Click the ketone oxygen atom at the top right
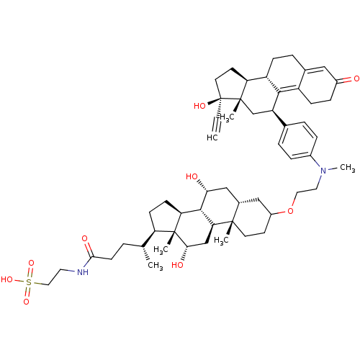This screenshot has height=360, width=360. pos(356,78)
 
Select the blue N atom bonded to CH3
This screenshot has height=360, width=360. pos(323,171)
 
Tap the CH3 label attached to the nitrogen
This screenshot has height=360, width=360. pos(348,168)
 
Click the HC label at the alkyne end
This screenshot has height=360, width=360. pos(212,138)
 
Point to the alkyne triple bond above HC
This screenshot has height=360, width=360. pos(217,125)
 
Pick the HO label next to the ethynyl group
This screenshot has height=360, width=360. pos(199,106)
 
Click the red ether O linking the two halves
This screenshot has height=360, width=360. pos(290,211)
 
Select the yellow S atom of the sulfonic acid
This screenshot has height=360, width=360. pos(29,282)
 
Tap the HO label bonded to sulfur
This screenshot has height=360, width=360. pos(7,279)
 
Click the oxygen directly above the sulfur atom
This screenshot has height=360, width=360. pos(31,263)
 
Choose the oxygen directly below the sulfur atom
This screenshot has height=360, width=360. pos(26,302)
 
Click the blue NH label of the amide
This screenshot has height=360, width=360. pos(83,272)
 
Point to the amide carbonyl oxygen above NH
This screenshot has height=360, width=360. pos(84,238)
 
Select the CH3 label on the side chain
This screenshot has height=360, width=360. pos(156,266)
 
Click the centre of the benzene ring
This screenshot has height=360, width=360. pos(297,140)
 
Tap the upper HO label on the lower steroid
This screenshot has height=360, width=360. pos(192,177)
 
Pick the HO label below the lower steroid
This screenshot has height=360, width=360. pos(178,265)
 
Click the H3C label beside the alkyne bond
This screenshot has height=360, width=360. pos(227,117)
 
